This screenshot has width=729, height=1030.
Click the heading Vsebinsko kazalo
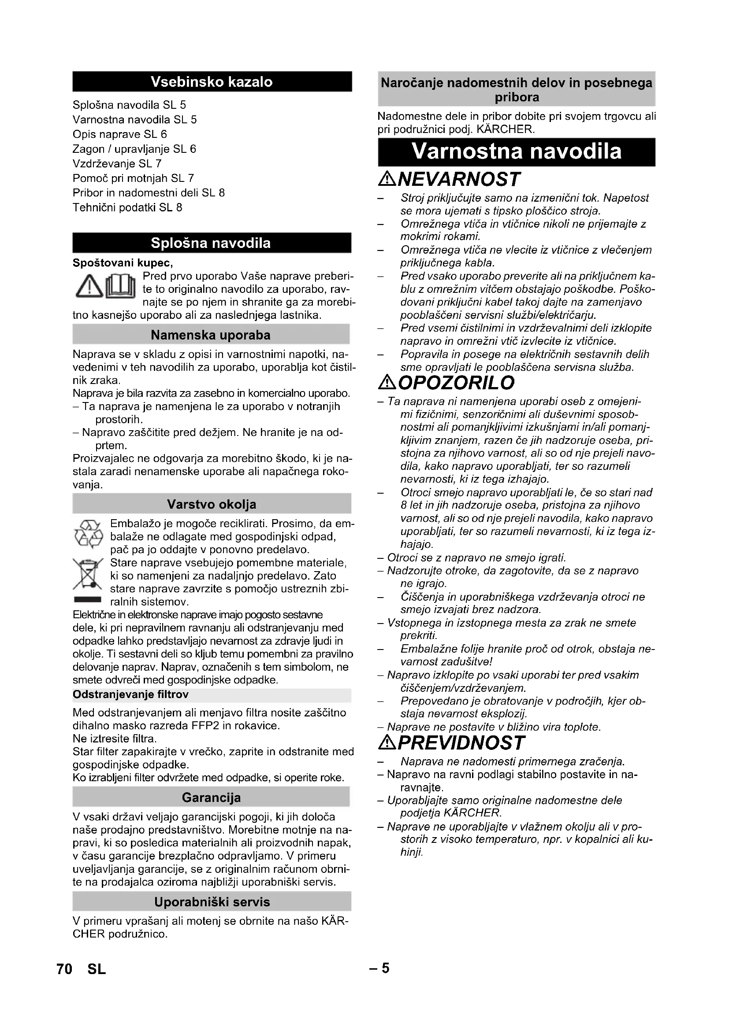click(212, 81)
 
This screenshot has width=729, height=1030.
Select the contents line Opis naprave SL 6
click(119, 134)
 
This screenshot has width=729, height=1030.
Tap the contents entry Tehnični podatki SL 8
click(127, 207)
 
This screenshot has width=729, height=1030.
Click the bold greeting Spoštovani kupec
click(123, 262)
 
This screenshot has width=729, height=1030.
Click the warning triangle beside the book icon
click(89, 288)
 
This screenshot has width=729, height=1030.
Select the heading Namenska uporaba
click(211, 335)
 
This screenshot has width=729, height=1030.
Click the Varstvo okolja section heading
click(212, 504)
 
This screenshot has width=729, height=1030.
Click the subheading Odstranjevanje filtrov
click(130, 694)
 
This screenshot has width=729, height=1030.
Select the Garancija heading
click(211, 797)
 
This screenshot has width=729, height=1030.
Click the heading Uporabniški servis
click(212, 902)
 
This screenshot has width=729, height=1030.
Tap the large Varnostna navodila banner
click(516, 151)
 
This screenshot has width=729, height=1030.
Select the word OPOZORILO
click(456, 383)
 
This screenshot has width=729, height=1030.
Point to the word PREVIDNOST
click(461, 743)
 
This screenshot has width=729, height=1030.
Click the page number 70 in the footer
click(65, 969)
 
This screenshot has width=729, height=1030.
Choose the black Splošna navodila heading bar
click(212, 243)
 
